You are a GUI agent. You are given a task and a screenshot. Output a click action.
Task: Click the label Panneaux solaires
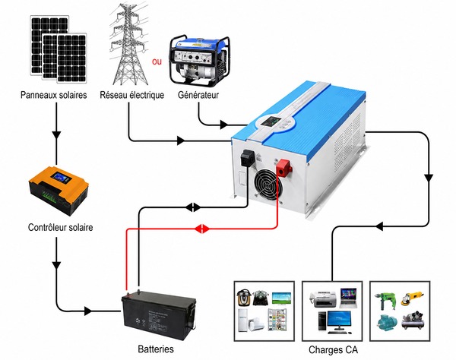(x=53, y=95)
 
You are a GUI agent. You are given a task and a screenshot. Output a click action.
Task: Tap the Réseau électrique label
(x=131, y=95)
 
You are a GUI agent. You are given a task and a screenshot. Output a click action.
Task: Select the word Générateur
(x=198, y=95)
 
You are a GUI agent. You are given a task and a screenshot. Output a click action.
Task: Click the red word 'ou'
(x=157, y=62)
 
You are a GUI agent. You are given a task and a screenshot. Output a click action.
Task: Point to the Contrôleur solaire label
(x=61, y=227)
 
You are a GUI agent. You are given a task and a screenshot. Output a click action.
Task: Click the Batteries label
(x=156, y=349)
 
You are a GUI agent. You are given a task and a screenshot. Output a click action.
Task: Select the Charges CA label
(x=333, y=349)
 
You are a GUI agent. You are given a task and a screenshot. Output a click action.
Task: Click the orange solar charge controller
(x=59, y=191)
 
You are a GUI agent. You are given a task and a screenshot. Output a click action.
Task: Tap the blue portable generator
(x=199, y=61)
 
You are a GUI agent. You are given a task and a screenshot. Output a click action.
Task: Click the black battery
(x=159, y=314)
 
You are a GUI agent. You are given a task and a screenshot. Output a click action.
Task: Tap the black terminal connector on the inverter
(x=248, y=157)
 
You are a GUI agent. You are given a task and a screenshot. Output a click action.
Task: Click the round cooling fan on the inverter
(x=268, y=185)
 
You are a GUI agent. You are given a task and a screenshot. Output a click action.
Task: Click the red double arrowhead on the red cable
(x=202, y=229)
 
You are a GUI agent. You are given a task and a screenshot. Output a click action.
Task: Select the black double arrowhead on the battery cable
(x=193, y=207)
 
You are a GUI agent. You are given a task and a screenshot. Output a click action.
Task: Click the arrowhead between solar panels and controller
(x=56, y=135)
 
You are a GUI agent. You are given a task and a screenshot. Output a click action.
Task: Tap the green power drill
(x=387, y=301)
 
